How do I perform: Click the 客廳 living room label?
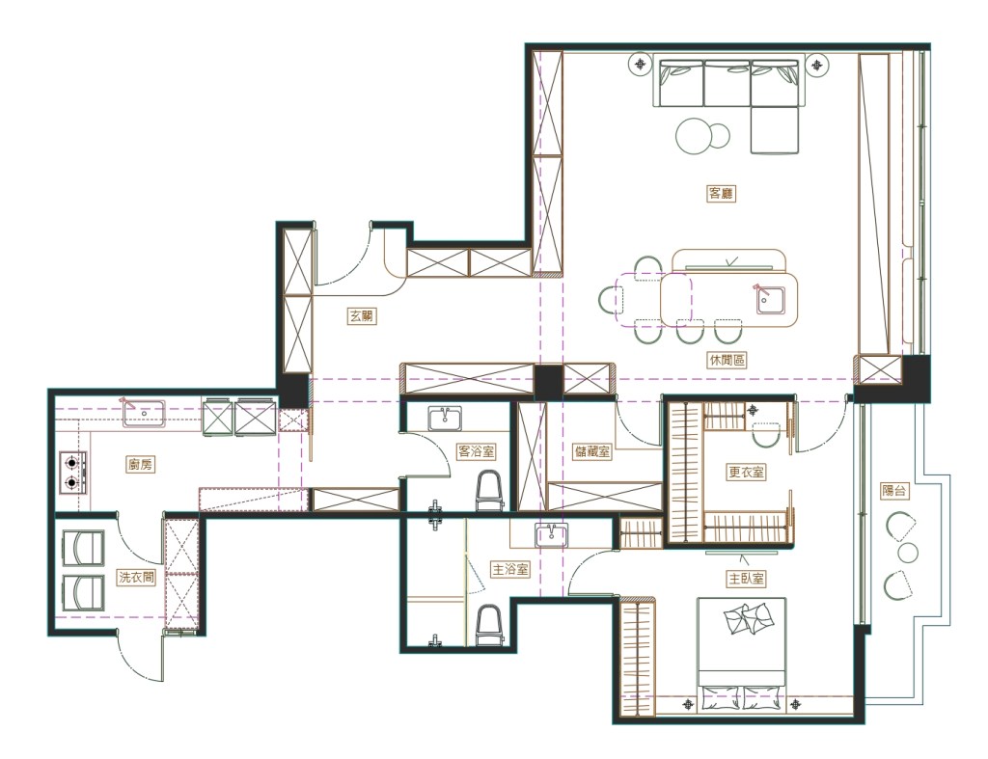pos(721,194)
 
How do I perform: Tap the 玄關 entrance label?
pos(362,315)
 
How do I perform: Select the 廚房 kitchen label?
pos(141,465)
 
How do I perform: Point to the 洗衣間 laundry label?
pos(137,577)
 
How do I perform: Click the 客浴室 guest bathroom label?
pos(476,451)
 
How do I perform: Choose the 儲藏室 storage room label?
pos(592,451)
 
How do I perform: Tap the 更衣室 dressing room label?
pos(746,472)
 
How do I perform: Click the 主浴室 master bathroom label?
pos(510,569)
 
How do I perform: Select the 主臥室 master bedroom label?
pos(746,579)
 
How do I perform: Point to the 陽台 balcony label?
pos(894,490)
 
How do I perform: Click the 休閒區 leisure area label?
pos(727,361)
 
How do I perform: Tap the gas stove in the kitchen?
pos(73,473)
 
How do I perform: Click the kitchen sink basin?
pos(145,413)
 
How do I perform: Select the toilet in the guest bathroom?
pos(490,491)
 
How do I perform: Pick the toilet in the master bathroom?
pos(489,626)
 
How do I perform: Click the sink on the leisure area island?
pos(771,301)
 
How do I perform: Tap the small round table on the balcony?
pos(907,553)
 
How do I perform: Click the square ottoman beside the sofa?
pos(775,130)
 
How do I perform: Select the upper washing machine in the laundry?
pos(84,548)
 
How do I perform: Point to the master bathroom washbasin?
pos(552,535)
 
